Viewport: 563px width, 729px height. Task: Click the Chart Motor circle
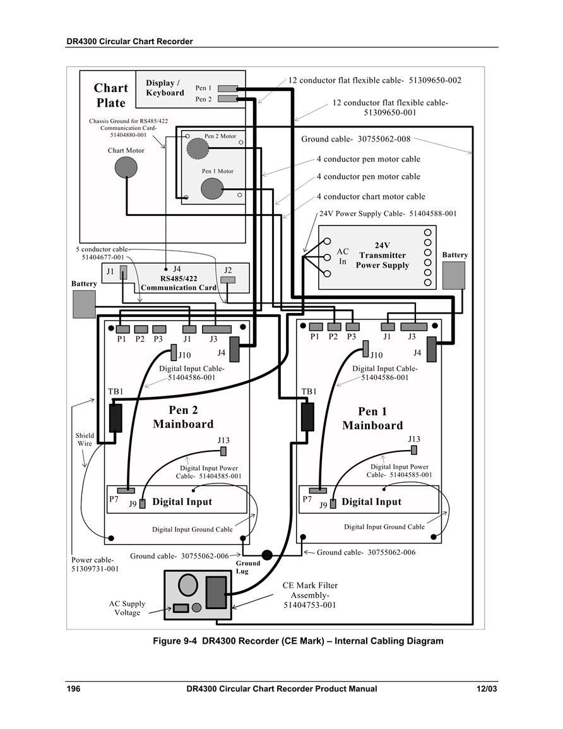[x=126, y=167]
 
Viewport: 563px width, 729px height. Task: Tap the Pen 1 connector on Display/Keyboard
[x=228, y=88]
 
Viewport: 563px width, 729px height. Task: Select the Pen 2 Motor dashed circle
[x=198, y=148]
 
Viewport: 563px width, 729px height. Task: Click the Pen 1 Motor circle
[x=212, y=189]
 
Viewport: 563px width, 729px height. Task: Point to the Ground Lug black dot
[x=267, y=555]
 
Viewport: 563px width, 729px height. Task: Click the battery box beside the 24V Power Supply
[x=454, y=275]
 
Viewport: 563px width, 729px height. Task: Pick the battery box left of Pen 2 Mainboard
[x=84, y=304]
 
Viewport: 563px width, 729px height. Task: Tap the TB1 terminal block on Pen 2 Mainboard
[x=116, y=418]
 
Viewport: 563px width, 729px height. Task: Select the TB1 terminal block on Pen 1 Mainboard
[x=307, y=417]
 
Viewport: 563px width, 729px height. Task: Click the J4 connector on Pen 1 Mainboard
[x=432, y=349]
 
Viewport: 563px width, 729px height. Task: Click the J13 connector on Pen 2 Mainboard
[x=223, y=451]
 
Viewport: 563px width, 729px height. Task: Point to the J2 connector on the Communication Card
[x=228, y=280]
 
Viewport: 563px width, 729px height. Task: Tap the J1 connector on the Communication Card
[x=123, y=273]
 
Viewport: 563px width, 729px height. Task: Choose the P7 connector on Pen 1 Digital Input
[x=318, y=490]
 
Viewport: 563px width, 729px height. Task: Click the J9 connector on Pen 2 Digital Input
[x=142, y=504]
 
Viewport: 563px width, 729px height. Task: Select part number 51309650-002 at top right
[x=435, y=80]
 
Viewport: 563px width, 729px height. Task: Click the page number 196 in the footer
[x=73, y=689]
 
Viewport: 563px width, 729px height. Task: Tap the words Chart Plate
[x=110, y=95]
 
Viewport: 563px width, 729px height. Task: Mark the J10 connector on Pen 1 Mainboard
[x=365, y=348]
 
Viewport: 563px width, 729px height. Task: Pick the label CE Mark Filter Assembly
[x=310, y=595]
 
